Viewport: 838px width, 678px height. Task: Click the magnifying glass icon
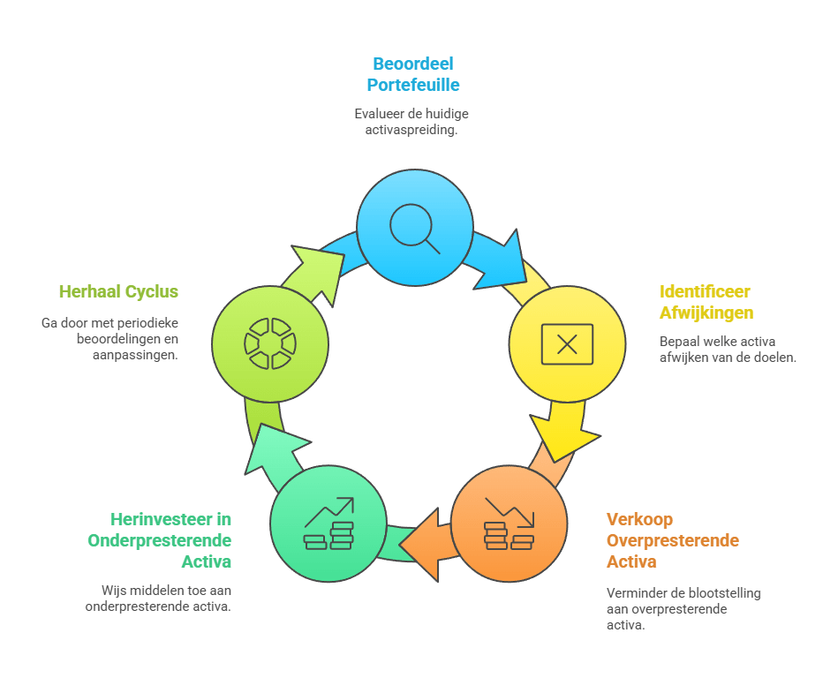click(414, 228)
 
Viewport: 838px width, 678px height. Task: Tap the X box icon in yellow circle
click(567, 344)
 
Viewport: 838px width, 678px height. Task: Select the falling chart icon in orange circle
click(509, 524)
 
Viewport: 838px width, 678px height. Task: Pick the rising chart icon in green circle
click(328, 524)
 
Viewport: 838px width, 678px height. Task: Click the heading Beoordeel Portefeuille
click(413, 75)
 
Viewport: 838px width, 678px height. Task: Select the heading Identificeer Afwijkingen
click(706, 302)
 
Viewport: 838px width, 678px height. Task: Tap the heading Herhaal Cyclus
click(118, 291)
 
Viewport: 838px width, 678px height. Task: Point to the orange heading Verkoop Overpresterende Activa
click(672, 540)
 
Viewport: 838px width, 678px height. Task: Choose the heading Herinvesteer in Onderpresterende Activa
click(160, 540)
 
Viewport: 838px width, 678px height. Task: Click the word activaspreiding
click(411, 130)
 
